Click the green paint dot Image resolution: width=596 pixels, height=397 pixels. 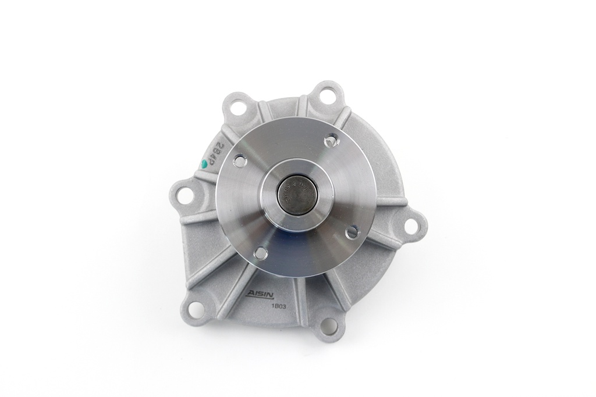click(x=204, y=164)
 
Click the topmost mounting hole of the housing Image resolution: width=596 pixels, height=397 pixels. click(x=328, y=94)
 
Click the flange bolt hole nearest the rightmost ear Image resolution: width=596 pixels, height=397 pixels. click(x=352, y=232)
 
